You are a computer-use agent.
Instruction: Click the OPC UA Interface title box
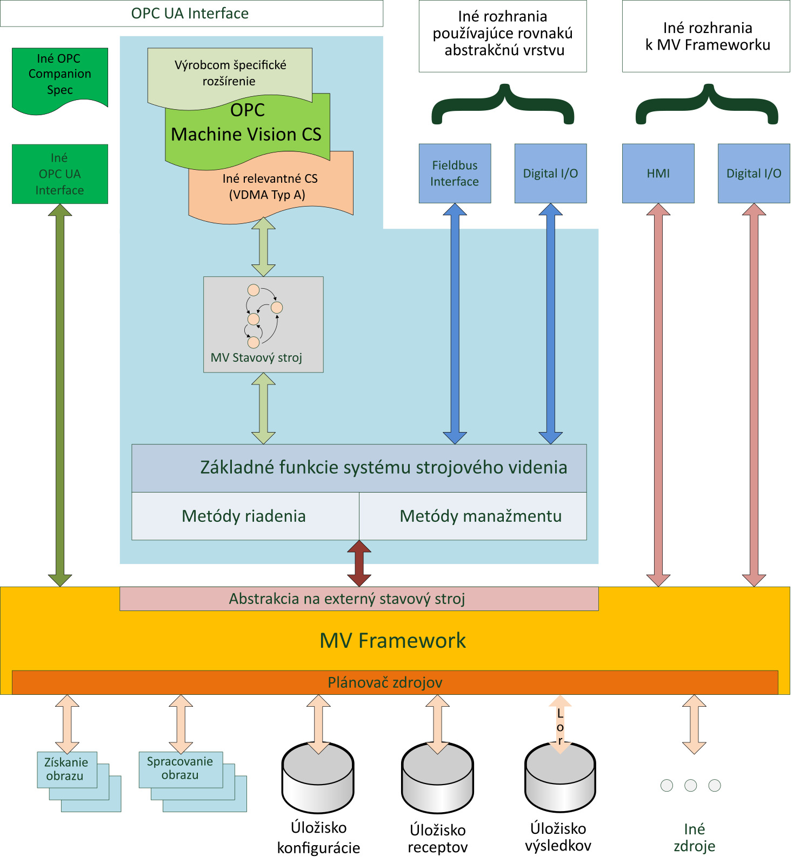191,14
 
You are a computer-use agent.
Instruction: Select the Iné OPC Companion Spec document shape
59,76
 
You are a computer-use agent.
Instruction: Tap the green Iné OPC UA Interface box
59,174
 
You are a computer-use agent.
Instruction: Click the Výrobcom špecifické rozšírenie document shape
230,73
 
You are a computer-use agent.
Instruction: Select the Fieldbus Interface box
455,174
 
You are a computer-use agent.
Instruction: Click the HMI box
658,174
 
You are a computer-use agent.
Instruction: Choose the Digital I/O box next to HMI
754,174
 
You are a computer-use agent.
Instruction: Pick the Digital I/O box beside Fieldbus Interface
550,174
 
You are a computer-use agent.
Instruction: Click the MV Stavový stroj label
256,358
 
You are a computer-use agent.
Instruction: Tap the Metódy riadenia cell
244,516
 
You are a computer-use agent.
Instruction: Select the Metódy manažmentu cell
480,516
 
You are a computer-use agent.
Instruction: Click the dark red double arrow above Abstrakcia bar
359,563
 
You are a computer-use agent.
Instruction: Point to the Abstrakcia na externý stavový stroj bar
359,599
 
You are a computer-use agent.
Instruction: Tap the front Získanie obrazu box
66,769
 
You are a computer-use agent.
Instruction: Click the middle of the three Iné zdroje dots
690,786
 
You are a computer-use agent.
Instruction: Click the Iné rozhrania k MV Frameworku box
706,36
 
